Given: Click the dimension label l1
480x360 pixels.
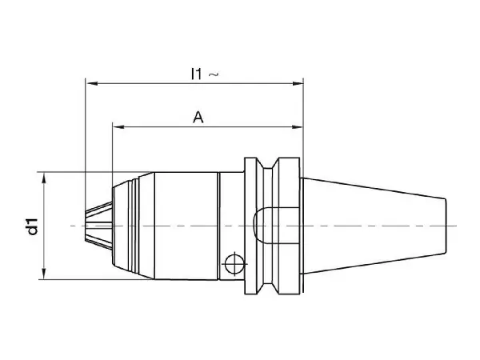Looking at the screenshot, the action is click(x=197, y=74).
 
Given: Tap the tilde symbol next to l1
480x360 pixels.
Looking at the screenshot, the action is click(x=214, y=74).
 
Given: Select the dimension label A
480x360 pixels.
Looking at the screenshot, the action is click(x=198, y=118).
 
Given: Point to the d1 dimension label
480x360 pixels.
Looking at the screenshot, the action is click(x=32, y=226).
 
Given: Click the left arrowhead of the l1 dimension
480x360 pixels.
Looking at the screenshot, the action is click(x=92, y=83).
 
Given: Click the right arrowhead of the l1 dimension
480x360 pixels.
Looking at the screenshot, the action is click(x=298, y=83).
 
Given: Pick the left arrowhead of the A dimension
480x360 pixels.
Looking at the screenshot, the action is click(x=118, y=126).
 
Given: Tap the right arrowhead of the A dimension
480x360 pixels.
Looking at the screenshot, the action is click(x=298, y=126).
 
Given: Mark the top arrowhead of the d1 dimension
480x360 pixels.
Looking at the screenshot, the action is click(x=44, y=178).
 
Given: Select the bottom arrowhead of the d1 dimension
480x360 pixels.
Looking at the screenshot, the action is click(x=44, y=274).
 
